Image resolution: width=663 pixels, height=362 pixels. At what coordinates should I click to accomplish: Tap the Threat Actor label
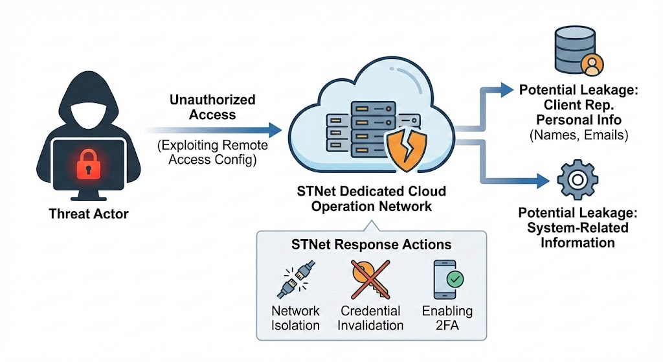[89, 214]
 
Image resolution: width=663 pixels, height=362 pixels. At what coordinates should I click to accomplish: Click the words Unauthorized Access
[212, 107]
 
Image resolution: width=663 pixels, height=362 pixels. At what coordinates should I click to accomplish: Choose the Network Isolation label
[295, 318]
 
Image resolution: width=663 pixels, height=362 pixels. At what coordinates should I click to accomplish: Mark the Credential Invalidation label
[371, 318]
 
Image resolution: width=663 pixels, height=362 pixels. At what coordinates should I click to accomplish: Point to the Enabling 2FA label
[447, 318]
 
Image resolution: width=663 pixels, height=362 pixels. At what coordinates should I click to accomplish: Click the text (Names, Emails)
[579, 135]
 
